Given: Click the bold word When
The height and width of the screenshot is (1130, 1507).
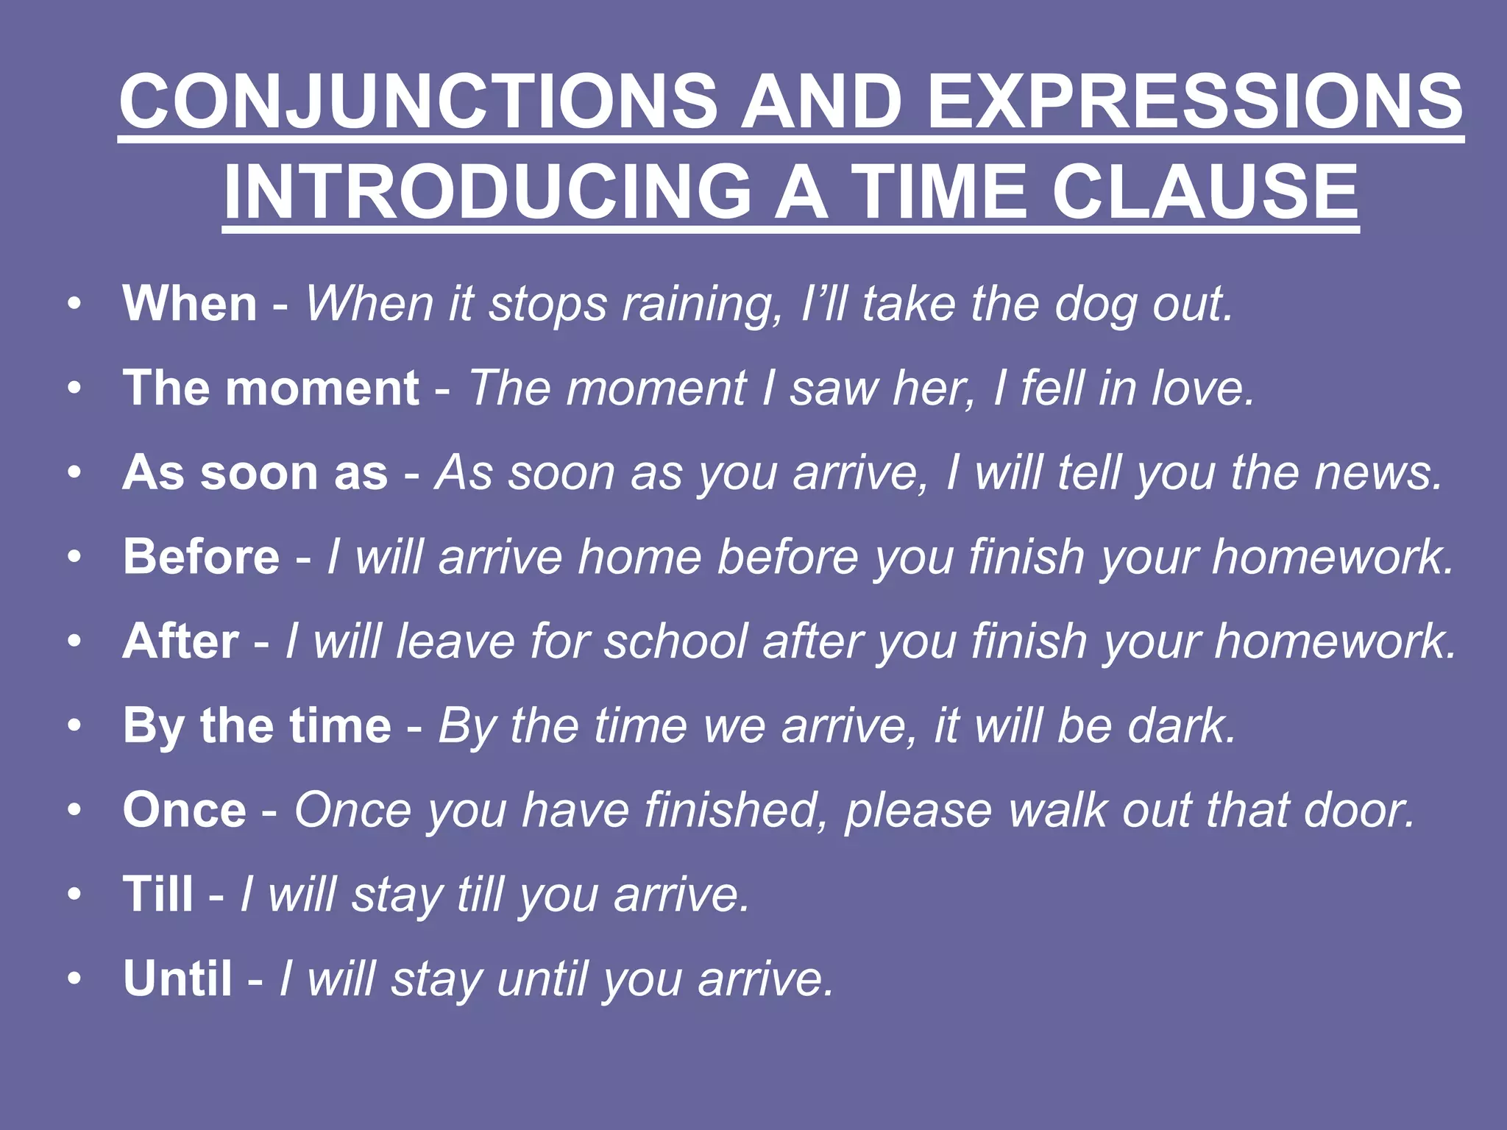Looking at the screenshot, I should pyautogui.click(x=190, y=303).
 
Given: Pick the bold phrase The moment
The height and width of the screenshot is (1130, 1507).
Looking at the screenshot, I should pyautogui.click(x=271, y=388).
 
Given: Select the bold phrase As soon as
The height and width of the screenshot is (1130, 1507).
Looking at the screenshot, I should pyautogui.click(x=255, y=472).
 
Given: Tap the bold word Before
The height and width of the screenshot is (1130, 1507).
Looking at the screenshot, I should pyautogui.click(x=202, y=557).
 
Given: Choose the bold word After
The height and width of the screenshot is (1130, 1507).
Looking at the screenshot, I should pyautogui.click(x=181, y=642).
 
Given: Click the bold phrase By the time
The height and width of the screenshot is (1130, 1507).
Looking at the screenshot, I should pyautogui.click(x=257, y=726).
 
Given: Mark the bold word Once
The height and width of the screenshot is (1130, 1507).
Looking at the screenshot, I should pyautogui.click(x=185, y=810).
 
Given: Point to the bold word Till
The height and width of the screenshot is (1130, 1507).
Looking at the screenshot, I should pyautogui.click(x=158, y=895).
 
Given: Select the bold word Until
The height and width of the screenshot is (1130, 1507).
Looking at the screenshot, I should pyautogui.click(x=178, y=979).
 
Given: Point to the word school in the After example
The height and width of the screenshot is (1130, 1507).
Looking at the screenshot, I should pyautogui.click(x=676, y=642).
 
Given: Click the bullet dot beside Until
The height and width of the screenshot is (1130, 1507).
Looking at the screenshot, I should pyautogui.click(x=74, y=979).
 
